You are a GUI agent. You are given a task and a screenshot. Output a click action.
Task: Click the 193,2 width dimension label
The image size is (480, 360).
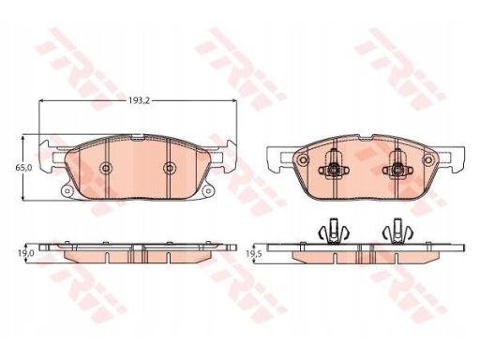pyautogui.click(x=139, y=100)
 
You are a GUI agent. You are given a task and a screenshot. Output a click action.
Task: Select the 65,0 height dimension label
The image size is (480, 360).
pyautogui.click(x=23, y=168)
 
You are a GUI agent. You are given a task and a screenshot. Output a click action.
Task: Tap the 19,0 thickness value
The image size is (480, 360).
pyautogui.click(x=25, y=253)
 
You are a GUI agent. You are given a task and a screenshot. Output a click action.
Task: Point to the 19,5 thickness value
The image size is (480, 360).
pyautogui.click(x=253, y=254)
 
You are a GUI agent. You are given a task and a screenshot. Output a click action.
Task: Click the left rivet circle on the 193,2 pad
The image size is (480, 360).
pyautogui.click(x=106, y=168)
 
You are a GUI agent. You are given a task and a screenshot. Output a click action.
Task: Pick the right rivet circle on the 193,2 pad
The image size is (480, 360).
pyautogui.click(x=170, y=168)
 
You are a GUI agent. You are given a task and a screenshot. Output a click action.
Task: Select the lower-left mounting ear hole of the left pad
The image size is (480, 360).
pyautogui.click(x=67, y=191)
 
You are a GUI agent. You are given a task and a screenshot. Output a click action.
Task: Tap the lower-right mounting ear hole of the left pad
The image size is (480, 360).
pyautogui.click(x=207, y=191)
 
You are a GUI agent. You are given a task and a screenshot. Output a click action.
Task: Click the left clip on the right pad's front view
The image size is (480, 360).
pyautogui.click(x=334, y=167)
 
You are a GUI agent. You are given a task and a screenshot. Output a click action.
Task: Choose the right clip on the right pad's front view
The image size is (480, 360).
pyautogui.click(x=397, y=167)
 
